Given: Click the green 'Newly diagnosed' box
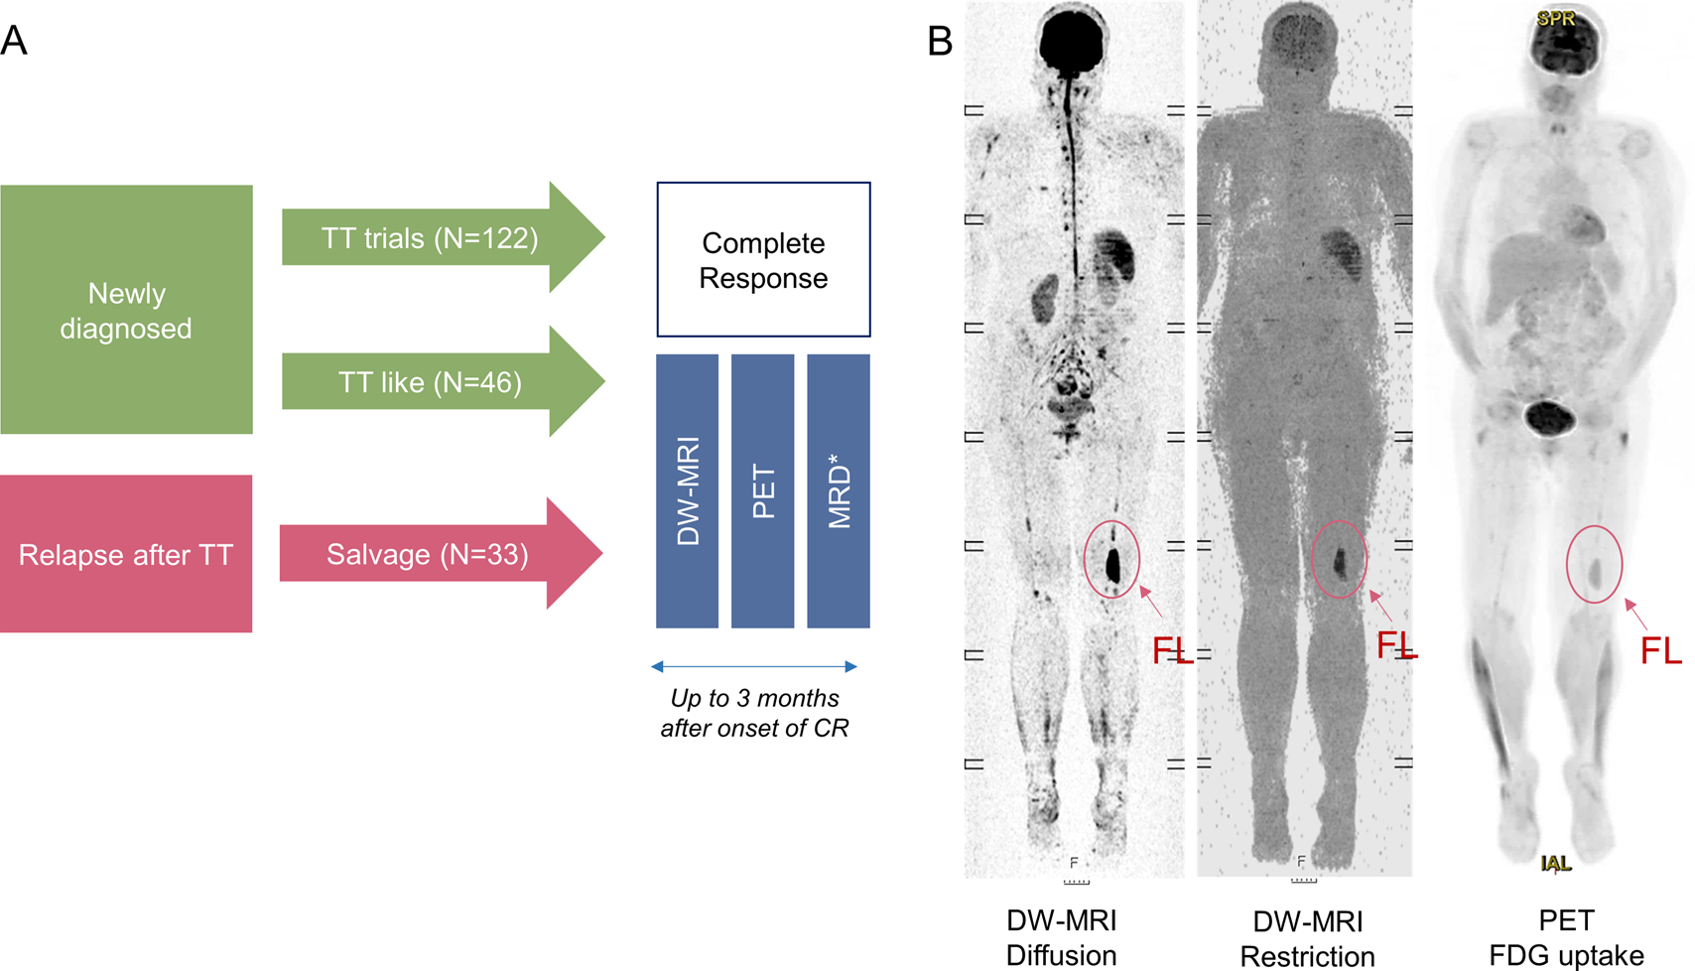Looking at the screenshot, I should (x=126, y=310).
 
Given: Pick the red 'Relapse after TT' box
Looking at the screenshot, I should (x=126, y=554).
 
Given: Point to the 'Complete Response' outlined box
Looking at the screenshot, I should (x=763, y=260).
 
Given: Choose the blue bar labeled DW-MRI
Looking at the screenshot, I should (x=687, y=491).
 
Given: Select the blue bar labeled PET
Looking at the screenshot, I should (x=762, y=491).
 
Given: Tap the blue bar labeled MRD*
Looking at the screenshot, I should (x=839, y=491).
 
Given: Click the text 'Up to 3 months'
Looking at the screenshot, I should (x=754, y=698).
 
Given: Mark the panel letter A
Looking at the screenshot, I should (x=14, y=42).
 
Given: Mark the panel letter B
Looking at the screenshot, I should (x=939, y=42).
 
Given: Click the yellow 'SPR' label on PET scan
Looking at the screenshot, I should (x=1555, y=19).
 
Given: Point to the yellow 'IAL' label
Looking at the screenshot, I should (x=1555, y=864).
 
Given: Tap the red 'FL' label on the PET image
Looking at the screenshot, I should (x=1660, y=651).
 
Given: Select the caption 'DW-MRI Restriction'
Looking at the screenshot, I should (x=1307, y=938).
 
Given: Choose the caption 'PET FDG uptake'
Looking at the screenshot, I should (x=1566, y=938).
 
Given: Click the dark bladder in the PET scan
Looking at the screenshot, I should (x=1547, y=418).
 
